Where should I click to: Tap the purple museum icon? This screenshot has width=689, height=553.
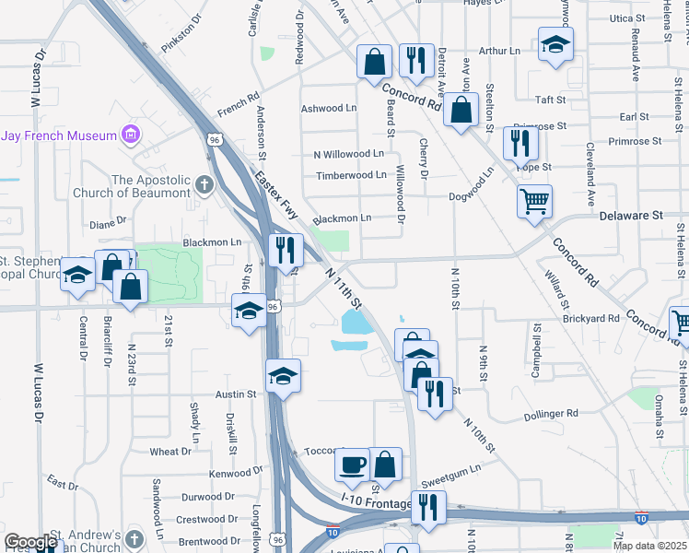tap(131, 135)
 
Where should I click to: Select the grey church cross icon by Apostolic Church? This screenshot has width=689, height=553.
tap(203, 185)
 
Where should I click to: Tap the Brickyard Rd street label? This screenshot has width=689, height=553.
tap(590, 318)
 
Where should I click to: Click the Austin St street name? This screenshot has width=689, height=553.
tap(235, 394)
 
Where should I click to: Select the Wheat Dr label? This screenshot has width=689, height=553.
tap(170, 452)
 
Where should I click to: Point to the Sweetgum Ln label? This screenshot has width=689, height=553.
tap(451, 479)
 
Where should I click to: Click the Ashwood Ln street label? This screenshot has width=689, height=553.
tap(329, 108)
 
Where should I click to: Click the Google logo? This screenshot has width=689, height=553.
tap(31, 542)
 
